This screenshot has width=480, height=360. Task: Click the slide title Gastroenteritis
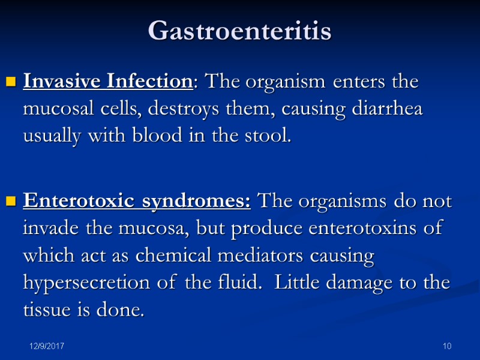click(239, 31)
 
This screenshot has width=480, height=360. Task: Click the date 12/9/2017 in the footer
click(48, 347)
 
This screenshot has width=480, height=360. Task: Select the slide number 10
click(446, 347)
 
